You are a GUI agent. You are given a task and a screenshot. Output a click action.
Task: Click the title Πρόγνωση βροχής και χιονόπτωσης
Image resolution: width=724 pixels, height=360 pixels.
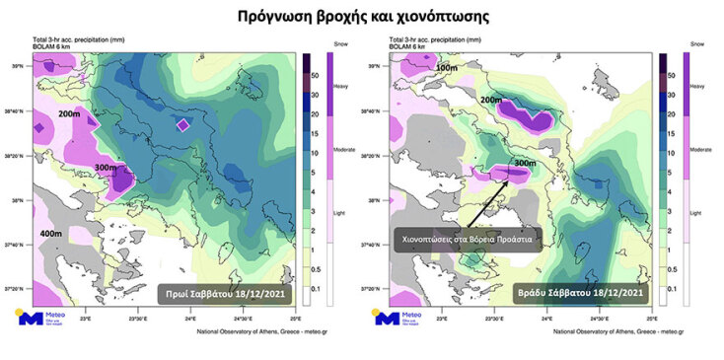(362, 17)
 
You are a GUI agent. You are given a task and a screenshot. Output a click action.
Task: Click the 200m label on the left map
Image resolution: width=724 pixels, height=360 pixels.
(69, 115)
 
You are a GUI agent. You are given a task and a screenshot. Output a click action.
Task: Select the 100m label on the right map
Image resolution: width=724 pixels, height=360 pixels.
(447, 67)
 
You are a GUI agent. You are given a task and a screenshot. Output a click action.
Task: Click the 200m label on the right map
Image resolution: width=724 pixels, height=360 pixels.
(490, 101)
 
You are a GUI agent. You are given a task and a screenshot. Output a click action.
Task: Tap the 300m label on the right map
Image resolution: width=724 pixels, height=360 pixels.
(525, 163)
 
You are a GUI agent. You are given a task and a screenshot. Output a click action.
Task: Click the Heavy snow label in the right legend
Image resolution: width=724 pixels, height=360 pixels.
(696, 87)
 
